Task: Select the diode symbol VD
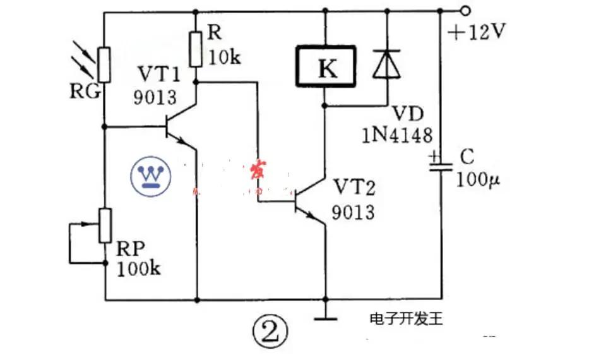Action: click(x=385, y=64)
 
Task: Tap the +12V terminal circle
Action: click(x=466, y=11)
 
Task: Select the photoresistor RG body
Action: click(x=104, y=66)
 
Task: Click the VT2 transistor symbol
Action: click(x=308, y=201)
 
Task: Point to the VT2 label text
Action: click(x=354, y=188)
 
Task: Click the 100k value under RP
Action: click(x=139, y=268)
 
